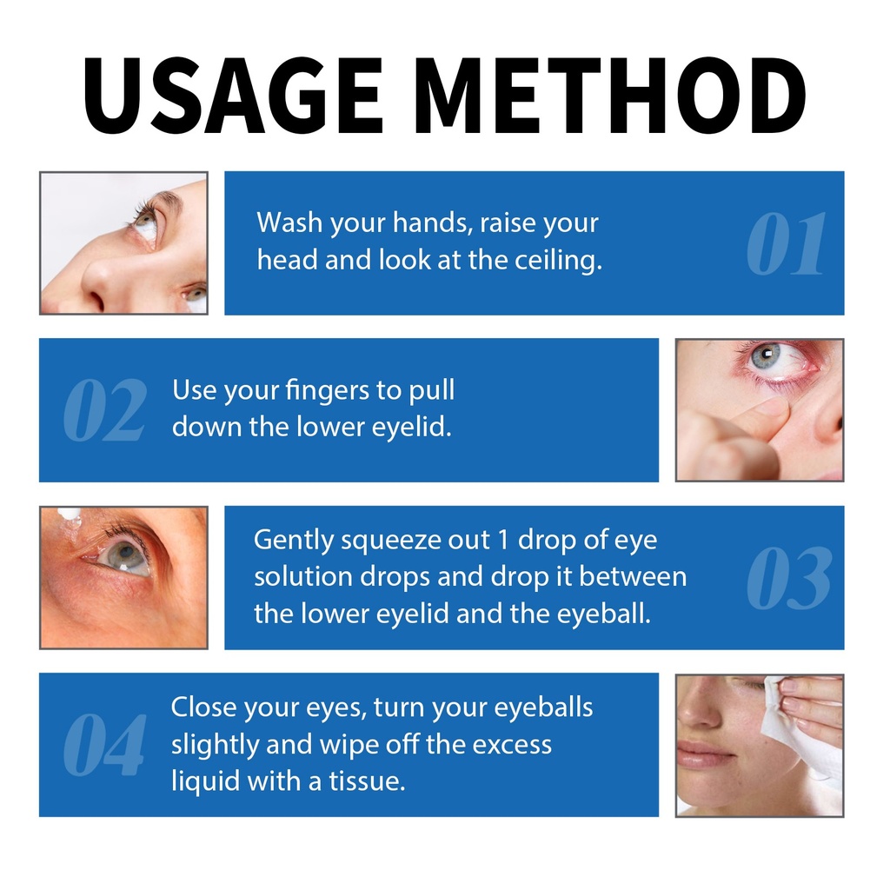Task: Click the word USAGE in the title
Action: point(233,95)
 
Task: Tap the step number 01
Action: point(786,243)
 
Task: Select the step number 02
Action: point(105,410)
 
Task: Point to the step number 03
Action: point(789,577)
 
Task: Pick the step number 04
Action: point(104,744)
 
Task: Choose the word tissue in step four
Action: point(368,781)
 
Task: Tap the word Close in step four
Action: point(204,707)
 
